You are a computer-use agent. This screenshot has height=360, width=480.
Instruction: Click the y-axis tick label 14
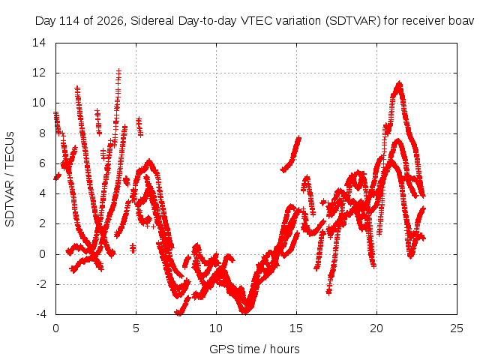coord(39,43)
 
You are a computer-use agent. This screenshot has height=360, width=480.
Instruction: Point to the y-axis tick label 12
coord(39,73)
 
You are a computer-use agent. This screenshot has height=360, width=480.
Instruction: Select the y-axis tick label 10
coord(39,103)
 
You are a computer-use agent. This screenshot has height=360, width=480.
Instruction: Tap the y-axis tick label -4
coord(41,314)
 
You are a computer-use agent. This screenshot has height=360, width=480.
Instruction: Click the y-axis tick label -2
coord(41,284)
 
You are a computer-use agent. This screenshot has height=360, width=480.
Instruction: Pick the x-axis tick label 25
coord(457,328)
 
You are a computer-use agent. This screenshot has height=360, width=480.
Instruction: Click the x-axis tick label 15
coord(296,328)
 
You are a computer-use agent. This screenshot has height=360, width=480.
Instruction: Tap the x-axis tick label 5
coord(136,328)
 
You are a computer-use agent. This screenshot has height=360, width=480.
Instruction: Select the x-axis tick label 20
coord(376,328)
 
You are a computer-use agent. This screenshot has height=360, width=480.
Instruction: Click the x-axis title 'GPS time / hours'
coord(254,349)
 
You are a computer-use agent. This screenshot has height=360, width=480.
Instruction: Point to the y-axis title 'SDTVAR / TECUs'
coord(10,179)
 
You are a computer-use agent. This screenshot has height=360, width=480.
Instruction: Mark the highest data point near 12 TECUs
coord(118,71)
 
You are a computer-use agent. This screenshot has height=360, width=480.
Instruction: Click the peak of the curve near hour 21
coord(399,83)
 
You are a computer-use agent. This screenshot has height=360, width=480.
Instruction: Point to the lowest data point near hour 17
coord(328,292)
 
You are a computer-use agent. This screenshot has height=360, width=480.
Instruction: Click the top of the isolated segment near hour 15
coord(298,139)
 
